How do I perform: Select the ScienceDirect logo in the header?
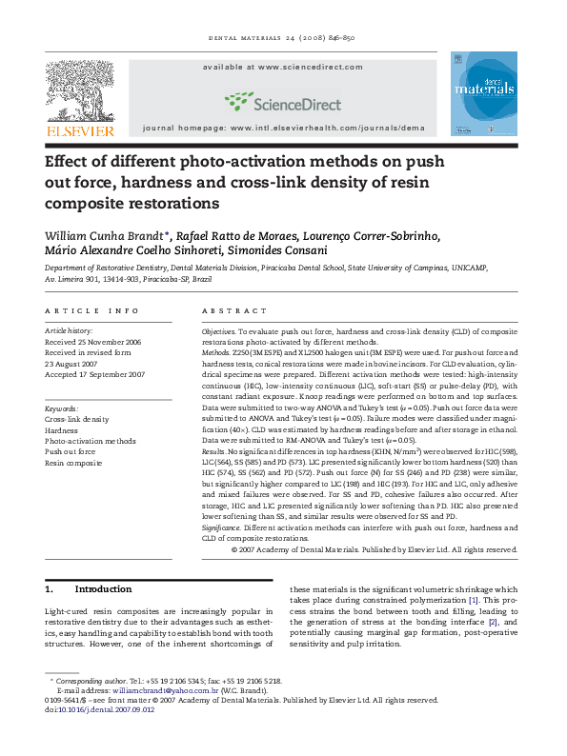point(272,100)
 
